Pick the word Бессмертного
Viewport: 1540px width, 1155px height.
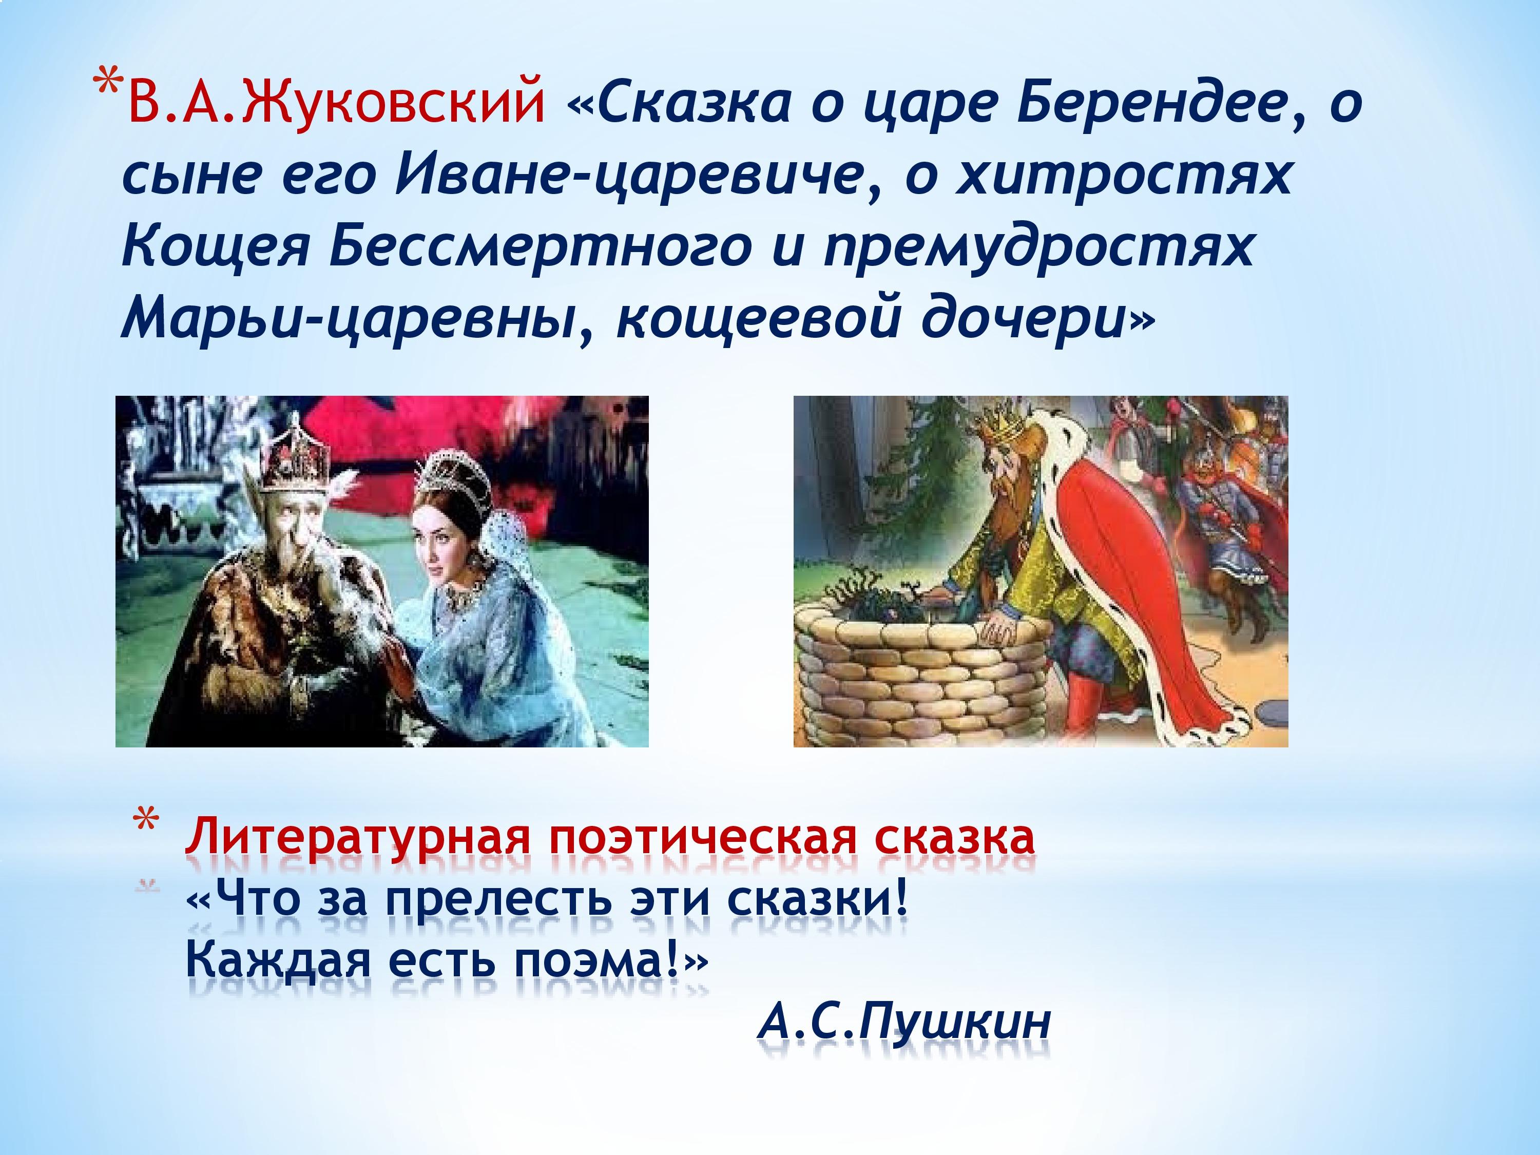coord(540,247)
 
